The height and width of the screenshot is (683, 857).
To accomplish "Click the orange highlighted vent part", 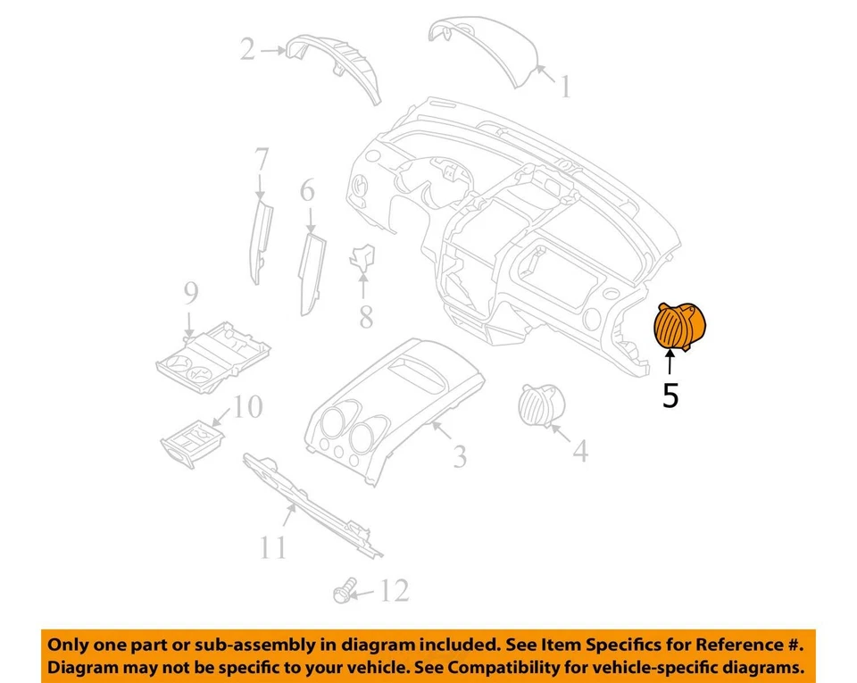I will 680,327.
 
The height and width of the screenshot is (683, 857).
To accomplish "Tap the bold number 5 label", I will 670,395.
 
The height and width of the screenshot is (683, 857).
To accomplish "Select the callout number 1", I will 564,87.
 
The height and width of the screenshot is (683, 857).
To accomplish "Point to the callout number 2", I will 247,49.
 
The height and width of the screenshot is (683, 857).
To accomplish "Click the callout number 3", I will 459,457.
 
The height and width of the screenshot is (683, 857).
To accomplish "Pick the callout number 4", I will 579,452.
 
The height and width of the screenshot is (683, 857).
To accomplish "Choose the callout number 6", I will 307,190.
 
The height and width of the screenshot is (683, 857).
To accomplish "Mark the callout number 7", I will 261,162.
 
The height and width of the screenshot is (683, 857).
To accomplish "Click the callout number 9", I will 190,292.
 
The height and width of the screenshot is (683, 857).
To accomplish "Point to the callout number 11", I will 271,546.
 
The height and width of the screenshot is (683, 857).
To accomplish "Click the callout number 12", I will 394,590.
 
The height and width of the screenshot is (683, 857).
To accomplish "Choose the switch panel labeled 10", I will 192,441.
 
